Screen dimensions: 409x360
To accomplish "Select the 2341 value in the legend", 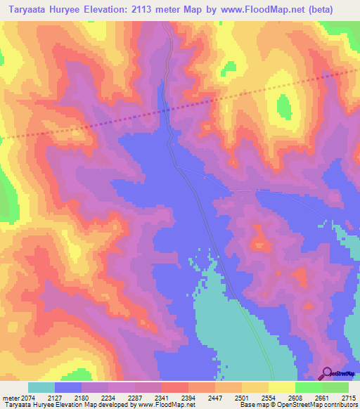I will [x=175, y=397].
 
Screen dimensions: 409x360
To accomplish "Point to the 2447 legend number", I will [x=229, y=397].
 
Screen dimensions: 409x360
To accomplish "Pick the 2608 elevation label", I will [x=309, y=397].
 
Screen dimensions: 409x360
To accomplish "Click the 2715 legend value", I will [x=349, y=397].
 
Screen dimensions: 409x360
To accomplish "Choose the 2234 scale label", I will [x=122, y=397].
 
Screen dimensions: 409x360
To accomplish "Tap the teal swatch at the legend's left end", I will [x=41, y=387].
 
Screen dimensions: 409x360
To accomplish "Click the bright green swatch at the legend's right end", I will [x=335, y=387].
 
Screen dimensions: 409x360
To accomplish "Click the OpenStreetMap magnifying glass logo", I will [x=327, y=373].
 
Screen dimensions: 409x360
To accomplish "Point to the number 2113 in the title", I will [x=150, y=10].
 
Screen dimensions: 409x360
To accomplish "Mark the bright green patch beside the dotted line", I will [x=283, y=107].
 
